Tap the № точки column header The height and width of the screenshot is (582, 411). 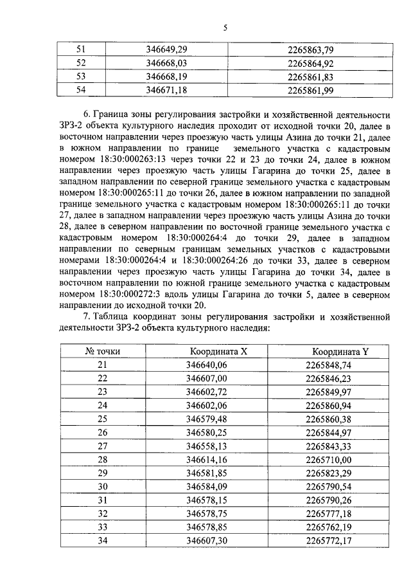click(103, 352)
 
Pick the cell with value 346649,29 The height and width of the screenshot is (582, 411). click(166, 49)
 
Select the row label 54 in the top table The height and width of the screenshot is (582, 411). click(81, 90)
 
